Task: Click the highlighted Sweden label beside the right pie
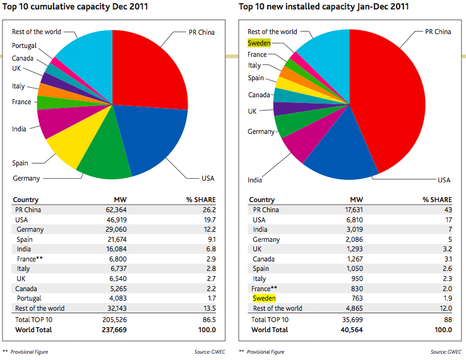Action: click(x=260, y=43)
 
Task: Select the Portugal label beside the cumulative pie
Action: click(x=24, y=45)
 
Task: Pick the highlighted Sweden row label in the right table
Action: click(x=264, y=298)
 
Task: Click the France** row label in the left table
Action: click(x=30, y=260)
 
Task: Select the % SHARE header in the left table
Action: click(x=200, y=200)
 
